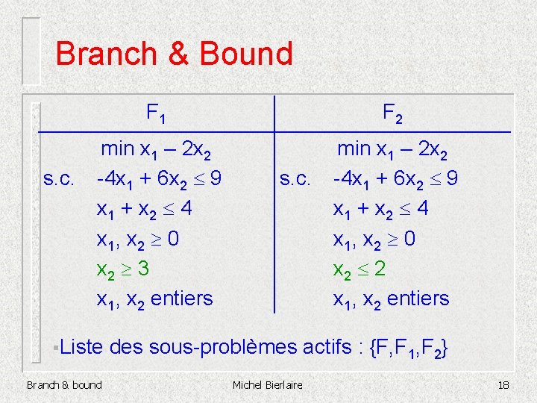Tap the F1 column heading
coord(156,113)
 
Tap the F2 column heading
coord(392,113)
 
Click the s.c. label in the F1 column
coord(59,179)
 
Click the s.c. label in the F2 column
coord(295,179)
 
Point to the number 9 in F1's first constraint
coord(215,179)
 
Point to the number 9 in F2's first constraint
coord(451,179)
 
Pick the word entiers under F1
coord(181,299)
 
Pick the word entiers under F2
coord(418,299)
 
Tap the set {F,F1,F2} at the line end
coord(409,348)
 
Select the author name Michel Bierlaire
coord(268,385)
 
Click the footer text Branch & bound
coord(64,385)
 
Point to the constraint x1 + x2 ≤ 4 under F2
coord(380,209)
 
